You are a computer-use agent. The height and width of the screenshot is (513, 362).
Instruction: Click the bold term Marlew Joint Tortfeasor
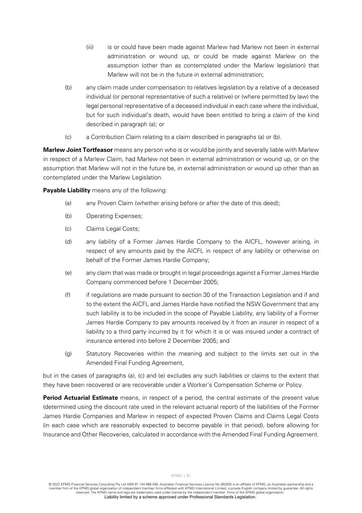[78, 150]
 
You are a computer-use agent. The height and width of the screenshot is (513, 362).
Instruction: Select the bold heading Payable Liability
[66, 190]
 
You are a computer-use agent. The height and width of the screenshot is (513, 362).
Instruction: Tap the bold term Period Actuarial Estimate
[80, 398]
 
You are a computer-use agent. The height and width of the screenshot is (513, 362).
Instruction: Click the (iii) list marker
[90, 47]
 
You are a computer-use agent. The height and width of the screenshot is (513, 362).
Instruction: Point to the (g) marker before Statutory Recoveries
[68, 354]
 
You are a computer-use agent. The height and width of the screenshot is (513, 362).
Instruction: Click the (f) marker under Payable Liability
[68, 295]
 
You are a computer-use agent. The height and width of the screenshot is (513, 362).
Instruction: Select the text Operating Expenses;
[114, 216]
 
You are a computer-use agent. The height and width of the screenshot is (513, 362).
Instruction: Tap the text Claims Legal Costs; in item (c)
[113, 229]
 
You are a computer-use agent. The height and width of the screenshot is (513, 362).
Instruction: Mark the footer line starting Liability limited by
[180, 497]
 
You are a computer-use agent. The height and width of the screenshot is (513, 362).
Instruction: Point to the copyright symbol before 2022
[50, 484]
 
